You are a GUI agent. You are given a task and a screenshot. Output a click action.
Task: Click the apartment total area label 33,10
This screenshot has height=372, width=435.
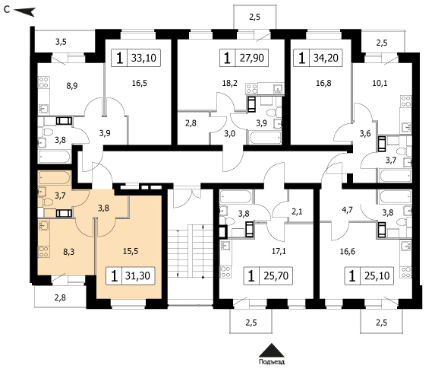tap(143, 58)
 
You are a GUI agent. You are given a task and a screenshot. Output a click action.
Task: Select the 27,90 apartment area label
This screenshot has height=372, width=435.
tap(252, 58)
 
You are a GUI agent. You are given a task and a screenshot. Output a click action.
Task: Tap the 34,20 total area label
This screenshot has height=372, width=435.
tap(326, 58)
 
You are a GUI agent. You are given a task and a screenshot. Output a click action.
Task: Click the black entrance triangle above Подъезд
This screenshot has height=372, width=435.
tap(272, 350)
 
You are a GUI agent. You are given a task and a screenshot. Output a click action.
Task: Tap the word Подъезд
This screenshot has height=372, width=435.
tap(272, 362)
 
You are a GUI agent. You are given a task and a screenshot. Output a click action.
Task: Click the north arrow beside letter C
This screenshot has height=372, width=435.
tap(24, 11)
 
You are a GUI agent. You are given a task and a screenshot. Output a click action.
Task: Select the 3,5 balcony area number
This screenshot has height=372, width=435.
tap(61, 42)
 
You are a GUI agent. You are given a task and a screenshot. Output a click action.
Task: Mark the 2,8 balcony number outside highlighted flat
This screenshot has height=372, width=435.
tap(60, 297)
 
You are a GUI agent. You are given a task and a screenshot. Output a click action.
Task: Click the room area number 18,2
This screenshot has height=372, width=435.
tap(230, 83)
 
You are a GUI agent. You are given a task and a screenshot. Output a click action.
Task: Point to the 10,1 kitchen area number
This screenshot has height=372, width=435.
tap(380, 83)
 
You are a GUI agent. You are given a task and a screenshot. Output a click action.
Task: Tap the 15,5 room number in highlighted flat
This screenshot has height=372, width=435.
tap(131, 251)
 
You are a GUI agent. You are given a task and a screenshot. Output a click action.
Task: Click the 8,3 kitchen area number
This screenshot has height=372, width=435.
tap(69, 252)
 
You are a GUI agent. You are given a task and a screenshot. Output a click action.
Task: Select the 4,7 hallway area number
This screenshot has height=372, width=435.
tap(348, 209)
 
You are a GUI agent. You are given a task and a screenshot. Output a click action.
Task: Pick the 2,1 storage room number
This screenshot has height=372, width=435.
tap(297, 211)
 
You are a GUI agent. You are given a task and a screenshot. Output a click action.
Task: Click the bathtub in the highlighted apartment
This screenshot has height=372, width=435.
tap(55, 178)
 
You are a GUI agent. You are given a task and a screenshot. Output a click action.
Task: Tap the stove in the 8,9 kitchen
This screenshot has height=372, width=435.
tap(44, 83)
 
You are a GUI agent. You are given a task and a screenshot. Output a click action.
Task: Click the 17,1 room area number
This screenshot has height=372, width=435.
tap(279, 251)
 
